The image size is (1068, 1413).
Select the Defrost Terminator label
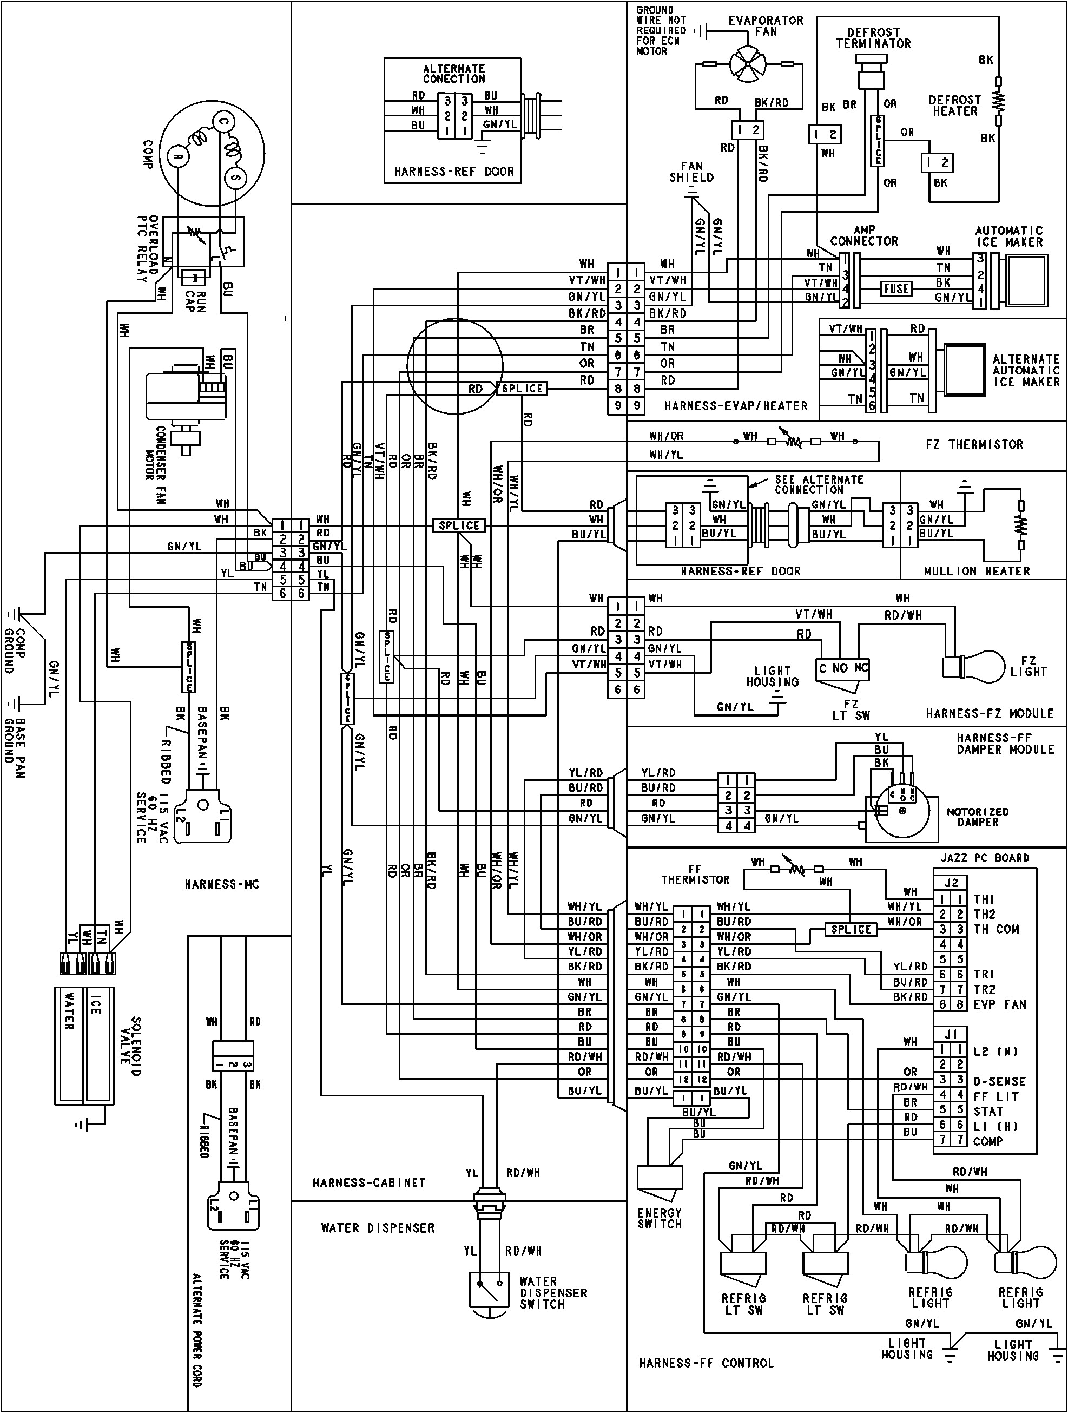point(873,38)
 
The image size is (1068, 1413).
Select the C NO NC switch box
point(843,668)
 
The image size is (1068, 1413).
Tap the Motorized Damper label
point(977,817)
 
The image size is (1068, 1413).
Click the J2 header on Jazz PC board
point(952,883)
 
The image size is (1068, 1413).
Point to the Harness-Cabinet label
point(368,1182)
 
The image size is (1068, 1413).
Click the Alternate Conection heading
point(453,74)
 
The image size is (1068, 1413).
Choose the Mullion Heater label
point(977,571)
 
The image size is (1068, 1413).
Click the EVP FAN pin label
point(1000,1004)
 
